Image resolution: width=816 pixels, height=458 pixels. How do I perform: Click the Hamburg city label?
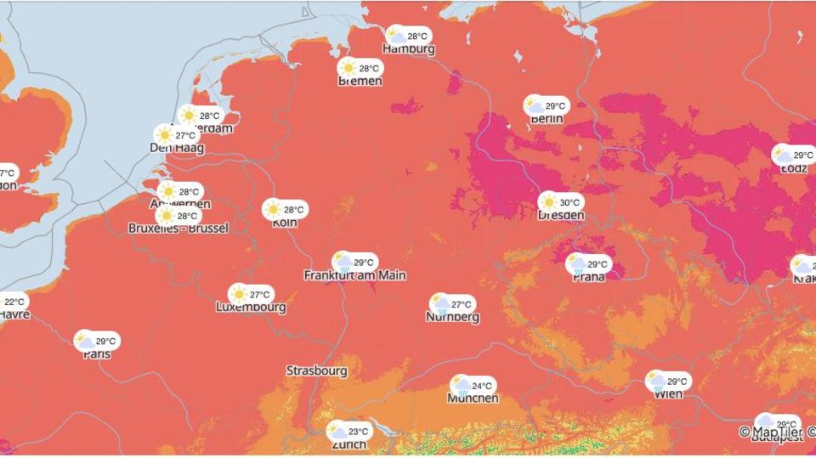tap(409, 49)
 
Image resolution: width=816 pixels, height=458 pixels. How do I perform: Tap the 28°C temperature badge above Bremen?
tap(360, 68)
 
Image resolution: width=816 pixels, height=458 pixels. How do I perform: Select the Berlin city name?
tap(547, 119)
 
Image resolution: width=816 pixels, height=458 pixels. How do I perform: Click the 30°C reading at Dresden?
tap(561, 202)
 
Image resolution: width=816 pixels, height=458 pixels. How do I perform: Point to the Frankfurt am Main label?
tap(354, 275)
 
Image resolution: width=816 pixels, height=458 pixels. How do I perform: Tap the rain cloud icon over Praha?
tap(578, 264)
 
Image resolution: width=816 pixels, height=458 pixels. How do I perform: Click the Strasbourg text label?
tap(316, 370)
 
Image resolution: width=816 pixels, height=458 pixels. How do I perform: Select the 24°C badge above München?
tap(473, 386)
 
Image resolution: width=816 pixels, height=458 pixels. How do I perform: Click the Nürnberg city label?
tap(452, 317)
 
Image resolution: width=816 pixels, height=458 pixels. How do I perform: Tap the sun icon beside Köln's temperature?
tap(273, 209)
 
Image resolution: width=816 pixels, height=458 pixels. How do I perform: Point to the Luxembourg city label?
tap(251, 307)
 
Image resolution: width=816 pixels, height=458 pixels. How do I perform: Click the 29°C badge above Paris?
tap(97, 341)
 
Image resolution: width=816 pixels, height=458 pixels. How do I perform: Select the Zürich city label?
tap(348, 444)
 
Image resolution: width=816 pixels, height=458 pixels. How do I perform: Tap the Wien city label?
tap(669, 394)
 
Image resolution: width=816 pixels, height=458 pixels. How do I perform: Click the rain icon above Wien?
tap(656, 382)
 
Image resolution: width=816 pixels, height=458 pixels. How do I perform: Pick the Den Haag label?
tap(176, 147)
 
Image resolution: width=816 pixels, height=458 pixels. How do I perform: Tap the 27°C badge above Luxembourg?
tap(251, 294)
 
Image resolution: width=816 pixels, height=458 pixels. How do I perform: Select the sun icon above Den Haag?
tap(165, 134)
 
